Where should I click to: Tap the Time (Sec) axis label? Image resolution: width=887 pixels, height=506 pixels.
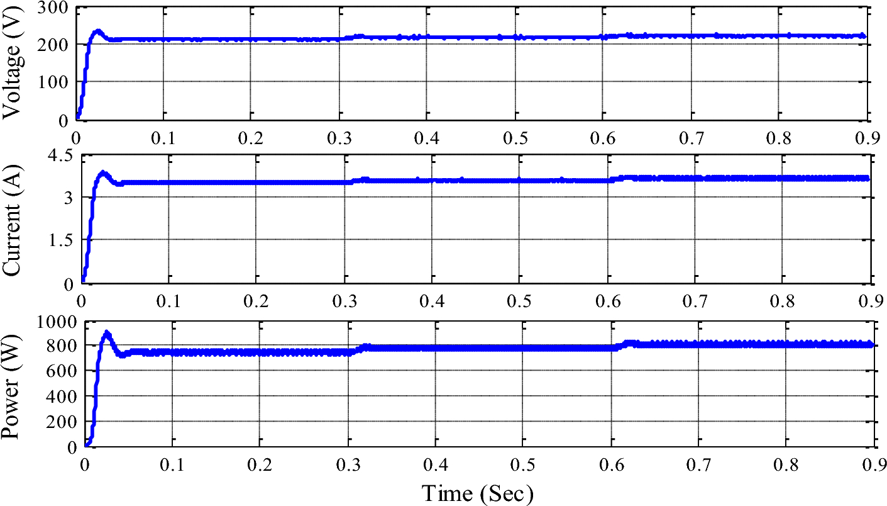(x=477, y=493)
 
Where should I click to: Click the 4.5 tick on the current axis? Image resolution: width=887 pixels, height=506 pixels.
(x=60, y=155)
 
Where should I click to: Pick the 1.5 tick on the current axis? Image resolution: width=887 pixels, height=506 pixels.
(x=60, y=240)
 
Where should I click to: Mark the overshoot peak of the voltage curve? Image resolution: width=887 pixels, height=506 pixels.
(x=97, y=31)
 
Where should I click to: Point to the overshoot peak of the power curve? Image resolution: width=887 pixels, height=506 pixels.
(x=107, y=333)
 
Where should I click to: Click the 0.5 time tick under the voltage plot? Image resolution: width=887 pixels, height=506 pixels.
(x=514, y=137)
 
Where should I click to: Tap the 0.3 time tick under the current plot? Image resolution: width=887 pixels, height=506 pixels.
(x=343, y=300)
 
